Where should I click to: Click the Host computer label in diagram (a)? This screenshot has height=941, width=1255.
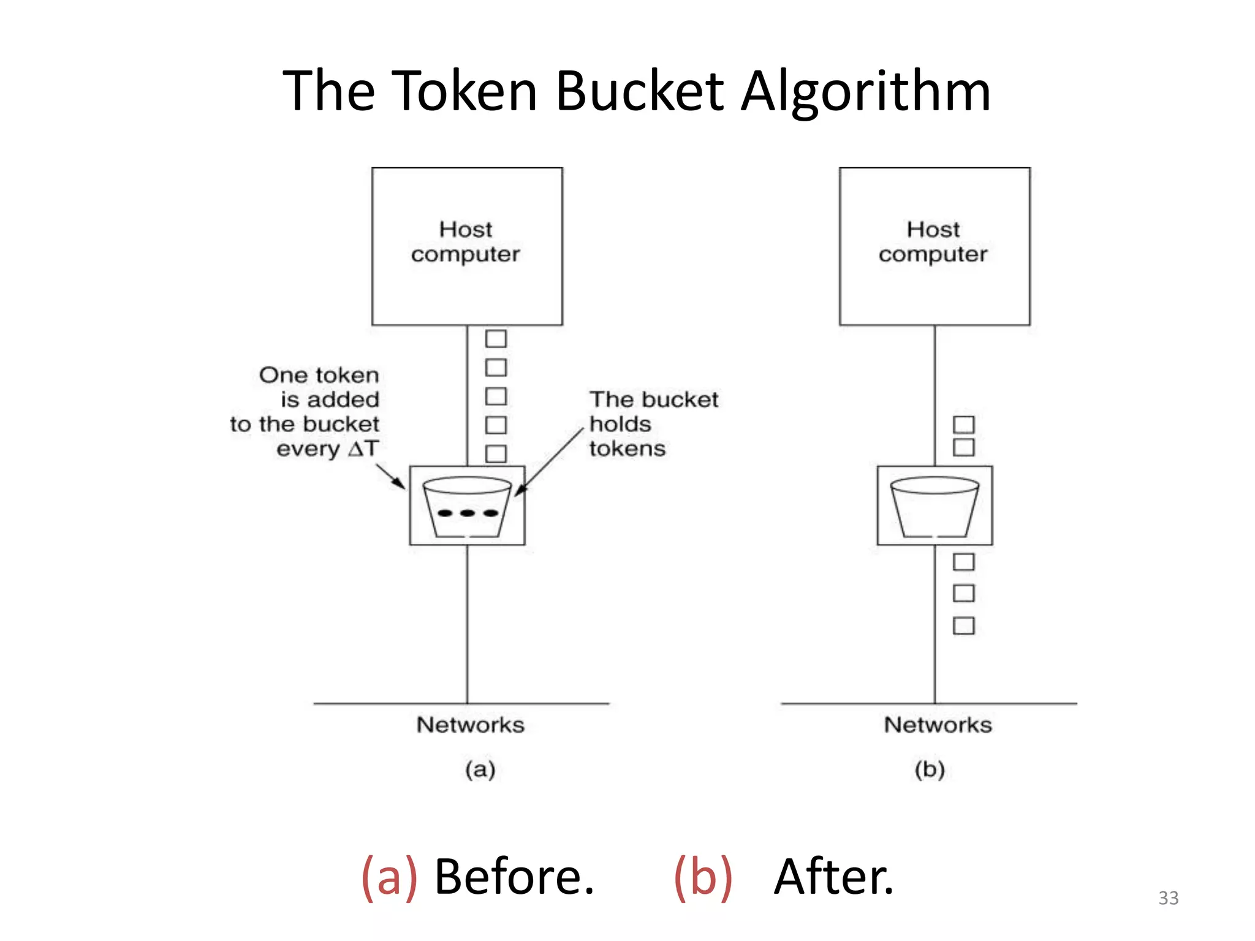tap(466, 241)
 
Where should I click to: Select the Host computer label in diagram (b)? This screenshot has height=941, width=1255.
tap(933, 241)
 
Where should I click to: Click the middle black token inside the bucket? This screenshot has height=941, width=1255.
tap(468, 513)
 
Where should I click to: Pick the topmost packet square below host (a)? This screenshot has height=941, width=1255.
tap(496, 339)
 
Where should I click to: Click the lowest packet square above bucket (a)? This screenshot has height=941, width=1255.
tap(496, 453)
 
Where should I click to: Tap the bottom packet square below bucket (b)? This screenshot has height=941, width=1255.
tap(963, 625)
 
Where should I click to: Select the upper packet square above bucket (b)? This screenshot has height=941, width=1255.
tap(963, 424)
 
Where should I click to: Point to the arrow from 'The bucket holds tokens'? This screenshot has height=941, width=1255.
tap(549, 461)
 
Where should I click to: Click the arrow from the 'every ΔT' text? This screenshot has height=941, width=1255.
tap(390, 476)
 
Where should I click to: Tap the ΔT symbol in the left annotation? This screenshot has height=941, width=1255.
tap(364, 448)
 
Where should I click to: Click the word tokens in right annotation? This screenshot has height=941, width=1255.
tap(627, 448)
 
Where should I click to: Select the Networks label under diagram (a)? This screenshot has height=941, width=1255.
tap(470, 725)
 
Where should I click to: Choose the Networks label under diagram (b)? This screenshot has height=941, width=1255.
tap(938, 725)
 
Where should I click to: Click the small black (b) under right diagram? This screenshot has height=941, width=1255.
tap(930, 769)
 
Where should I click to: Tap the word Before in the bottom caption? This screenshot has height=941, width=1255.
tap(514, 877)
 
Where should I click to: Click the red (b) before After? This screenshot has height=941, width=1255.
tap(703, 877)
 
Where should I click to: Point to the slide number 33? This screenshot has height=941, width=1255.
tap(1168, 898)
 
